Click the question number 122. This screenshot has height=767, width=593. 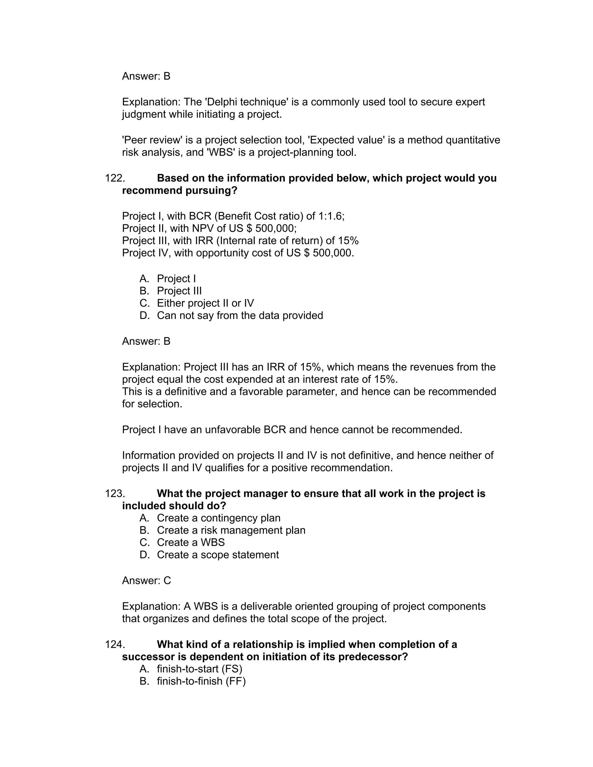pos(115,178)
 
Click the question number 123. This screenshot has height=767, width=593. pos(115,494)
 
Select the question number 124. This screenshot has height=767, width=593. pos(115,645)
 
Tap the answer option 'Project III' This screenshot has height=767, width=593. pos(179,291)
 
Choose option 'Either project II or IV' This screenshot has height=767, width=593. pos(205,303)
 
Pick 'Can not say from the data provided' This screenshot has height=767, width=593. pos(239,316)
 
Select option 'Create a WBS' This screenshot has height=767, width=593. pos(191,543)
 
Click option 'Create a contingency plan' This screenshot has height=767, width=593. pos(219,518)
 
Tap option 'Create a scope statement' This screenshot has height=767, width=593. pos(217,555)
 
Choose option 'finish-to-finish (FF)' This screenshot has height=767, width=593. pos(201,681)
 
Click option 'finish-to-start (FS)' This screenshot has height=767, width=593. pos(199,669)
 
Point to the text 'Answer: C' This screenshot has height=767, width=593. pos(147,581)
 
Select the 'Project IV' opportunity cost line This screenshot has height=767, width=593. pos(238,253)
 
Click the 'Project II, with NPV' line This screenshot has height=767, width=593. pos(209,229)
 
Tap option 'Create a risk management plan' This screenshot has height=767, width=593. pos(231,530)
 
